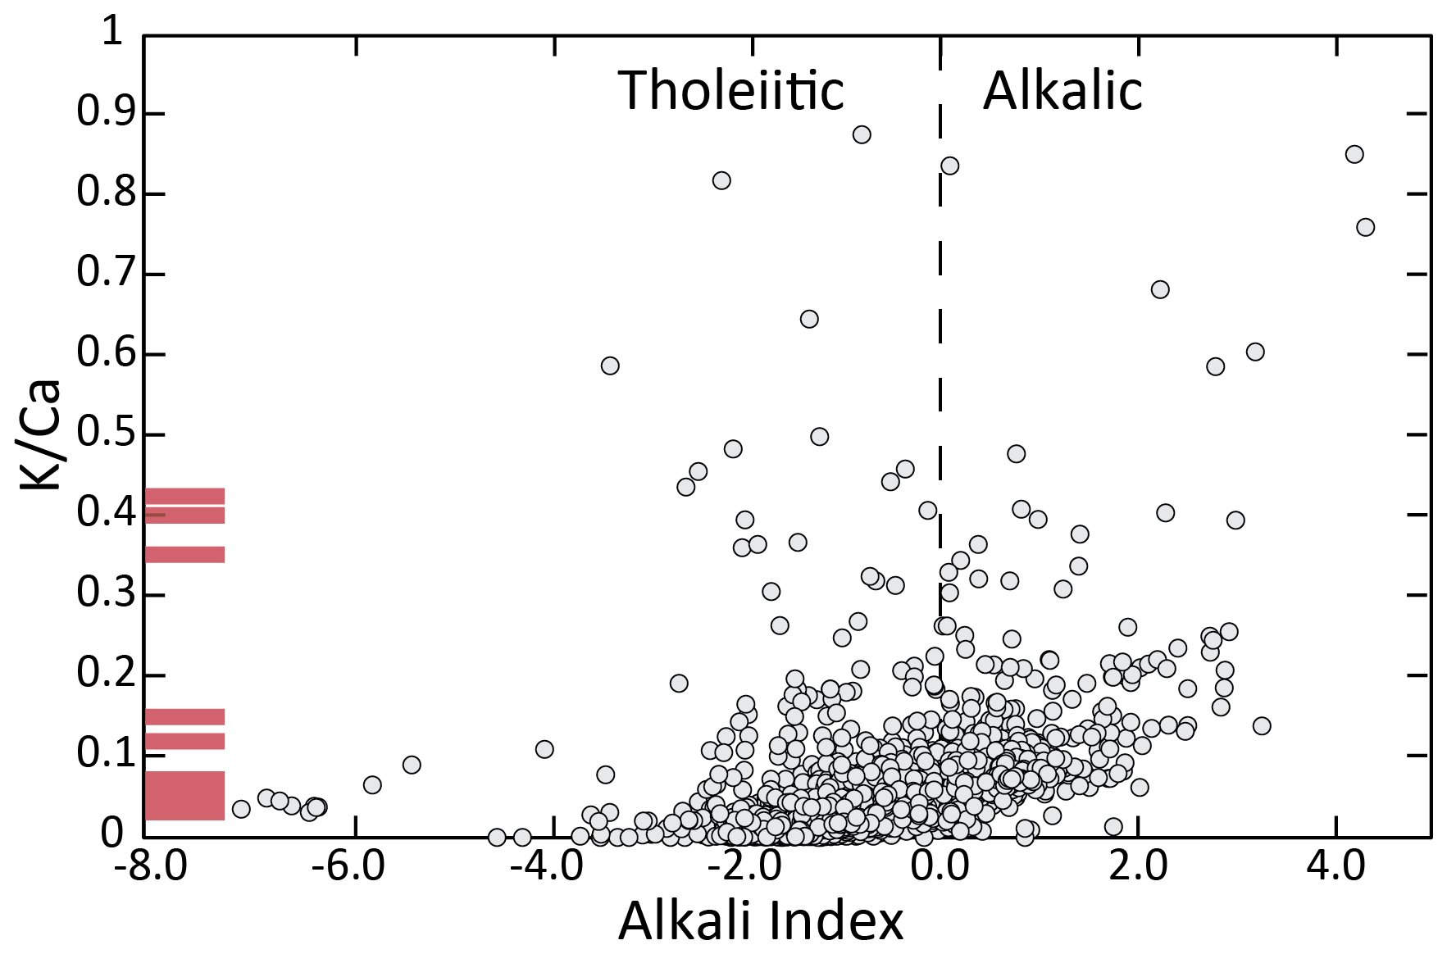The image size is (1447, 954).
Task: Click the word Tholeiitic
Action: pyautogui.click(x=730, y=90)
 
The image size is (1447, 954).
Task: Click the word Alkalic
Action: pyautogui.click(x=1062, y=90)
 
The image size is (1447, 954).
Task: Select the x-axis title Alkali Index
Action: pyautogui.click(x=760, y=921)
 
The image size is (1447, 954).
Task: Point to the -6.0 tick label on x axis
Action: pyautogui.click(x=348, y=867)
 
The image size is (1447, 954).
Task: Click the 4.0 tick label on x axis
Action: pyautogui.click(x=1336, y=867)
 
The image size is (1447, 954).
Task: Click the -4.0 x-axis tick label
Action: pyautogui.click(x=547, y=867)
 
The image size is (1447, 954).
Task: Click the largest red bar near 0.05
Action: pyautogui.click(x=184, y=795)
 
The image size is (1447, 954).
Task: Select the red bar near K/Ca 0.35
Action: pyautogui.click(x=184, y=554)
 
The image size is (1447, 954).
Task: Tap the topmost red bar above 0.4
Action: pyautogui.click(x=184, y=496)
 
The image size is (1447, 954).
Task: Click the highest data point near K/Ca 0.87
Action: pyautogui.click(x=861, y=134)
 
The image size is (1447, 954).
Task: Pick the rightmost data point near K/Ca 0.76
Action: pyautogui.click(x=1365, y=227)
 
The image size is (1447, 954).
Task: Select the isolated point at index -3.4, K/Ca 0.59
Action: pyautogui.click(x=609, y=366)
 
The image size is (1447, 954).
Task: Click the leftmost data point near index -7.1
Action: pyautogui.click(x=241, y=809)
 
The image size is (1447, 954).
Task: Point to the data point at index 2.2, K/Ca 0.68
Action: pyautogui.click(x=1160, y=289)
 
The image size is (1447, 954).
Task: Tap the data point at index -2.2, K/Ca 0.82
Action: pyautogui.click(x=721, y=180)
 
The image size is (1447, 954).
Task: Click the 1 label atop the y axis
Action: pyautogui.click(x=111, y=33)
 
